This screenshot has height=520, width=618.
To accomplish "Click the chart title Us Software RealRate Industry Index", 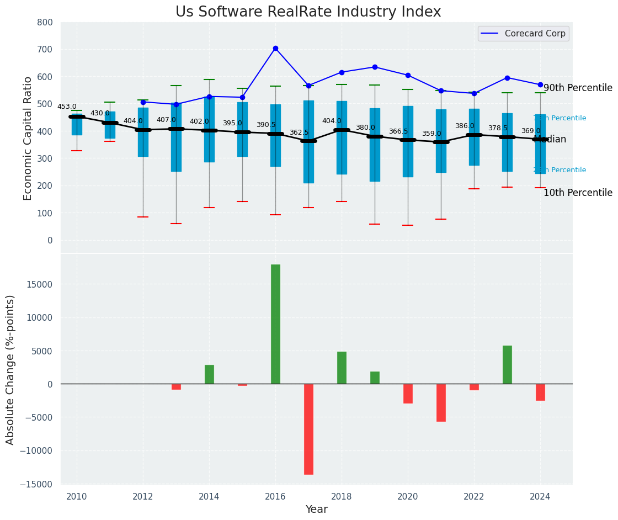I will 308,12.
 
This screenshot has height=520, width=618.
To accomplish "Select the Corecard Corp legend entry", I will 523,34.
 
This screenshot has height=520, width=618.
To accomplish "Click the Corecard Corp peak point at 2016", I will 275,49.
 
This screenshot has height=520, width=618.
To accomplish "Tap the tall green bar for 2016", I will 275,324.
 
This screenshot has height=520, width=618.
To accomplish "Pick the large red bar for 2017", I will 308,429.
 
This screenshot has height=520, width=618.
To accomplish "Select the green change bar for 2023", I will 507,364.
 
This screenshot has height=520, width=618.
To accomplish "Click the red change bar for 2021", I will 441,402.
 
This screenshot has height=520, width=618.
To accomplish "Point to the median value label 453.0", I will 67,107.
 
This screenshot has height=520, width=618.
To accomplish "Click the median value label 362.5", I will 299,132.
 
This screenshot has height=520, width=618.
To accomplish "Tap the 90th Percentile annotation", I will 578,88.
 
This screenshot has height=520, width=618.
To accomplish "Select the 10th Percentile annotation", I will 578,193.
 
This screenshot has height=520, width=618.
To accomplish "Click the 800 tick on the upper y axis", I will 45,22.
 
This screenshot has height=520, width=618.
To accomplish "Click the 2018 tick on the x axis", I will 342,496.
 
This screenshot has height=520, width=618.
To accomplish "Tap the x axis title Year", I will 317,510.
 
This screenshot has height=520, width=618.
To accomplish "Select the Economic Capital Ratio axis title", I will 28,137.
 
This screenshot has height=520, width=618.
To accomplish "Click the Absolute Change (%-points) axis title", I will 10,369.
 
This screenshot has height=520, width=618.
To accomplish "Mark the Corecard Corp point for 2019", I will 375,67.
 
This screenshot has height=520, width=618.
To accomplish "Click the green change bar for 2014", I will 209,374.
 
